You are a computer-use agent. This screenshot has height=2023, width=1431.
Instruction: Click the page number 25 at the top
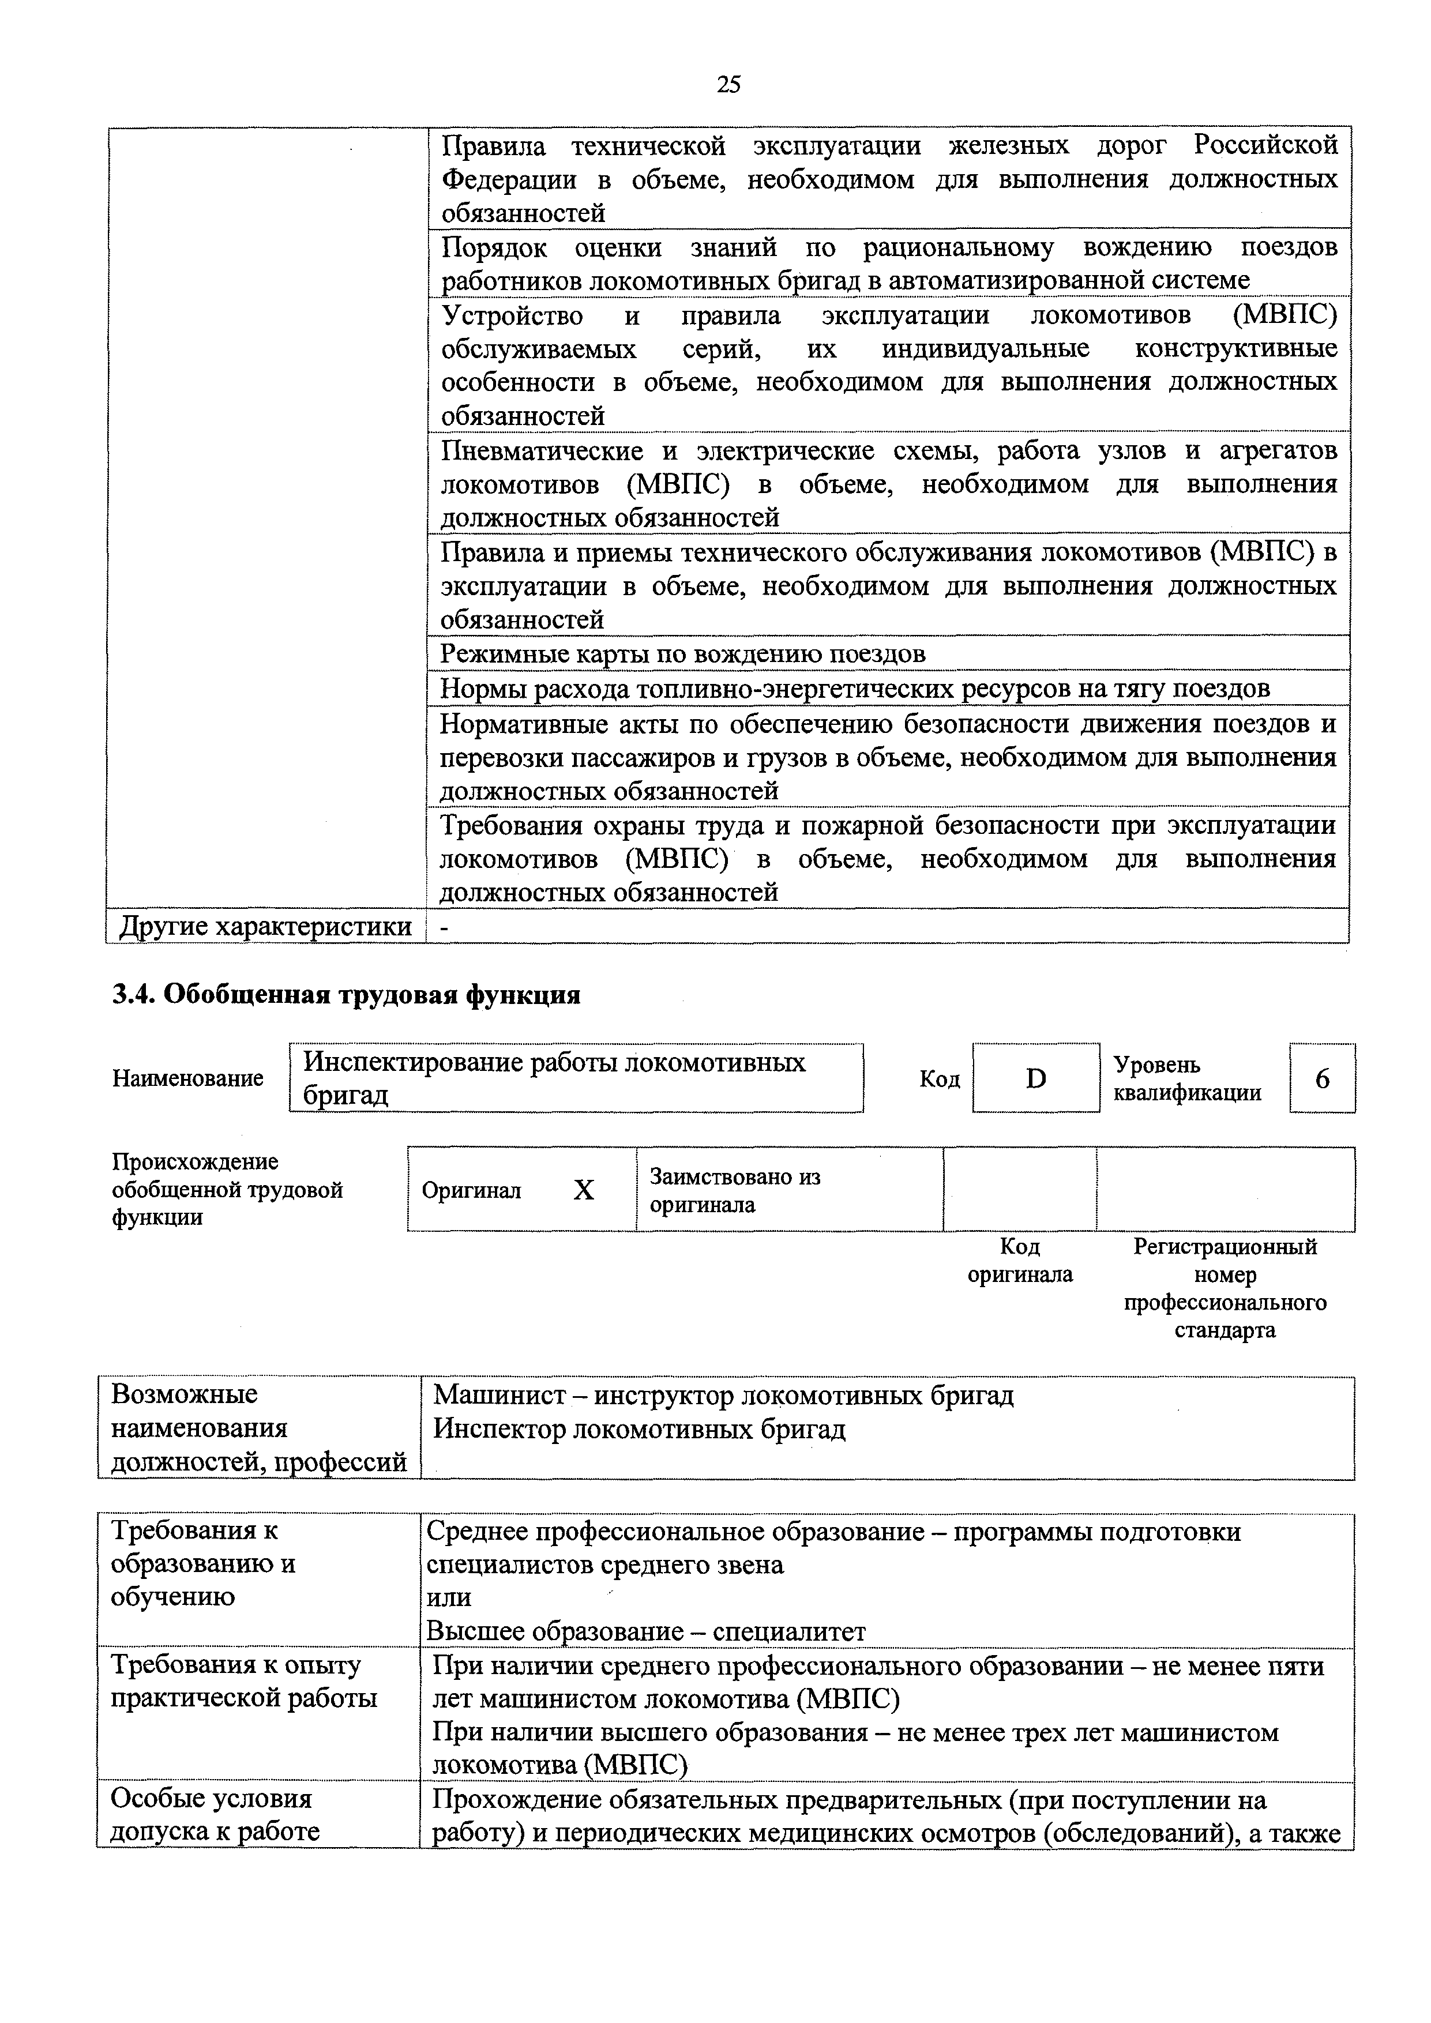728,85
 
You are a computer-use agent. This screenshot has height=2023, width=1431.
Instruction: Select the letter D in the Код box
1036,1078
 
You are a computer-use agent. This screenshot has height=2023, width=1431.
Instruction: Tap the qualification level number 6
1322,1078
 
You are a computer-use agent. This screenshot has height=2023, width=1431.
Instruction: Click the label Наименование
187,1078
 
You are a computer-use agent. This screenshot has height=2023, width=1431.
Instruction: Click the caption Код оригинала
1020,1261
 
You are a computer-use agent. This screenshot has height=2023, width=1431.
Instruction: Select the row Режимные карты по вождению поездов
683,654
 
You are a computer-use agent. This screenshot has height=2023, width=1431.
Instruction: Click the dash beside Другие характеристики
444,927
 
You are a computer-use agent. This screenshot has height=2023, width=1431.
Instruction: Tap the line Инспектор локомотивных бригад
639,1429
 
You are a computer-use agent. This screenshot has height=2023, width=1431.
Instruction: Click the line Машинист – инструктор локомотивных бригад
723,1396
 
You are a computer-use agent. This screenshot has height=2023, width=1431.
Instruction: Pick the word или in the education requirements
449,1597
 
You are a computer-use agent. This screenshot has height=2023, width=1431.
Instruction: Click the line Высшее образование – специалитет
646,1631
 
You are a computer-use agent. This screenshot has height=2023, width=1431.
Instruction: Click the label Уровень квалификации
1187,1078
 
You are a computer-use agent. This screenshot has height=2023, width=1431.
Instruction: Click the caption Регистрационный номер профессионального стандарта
1225,1288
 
